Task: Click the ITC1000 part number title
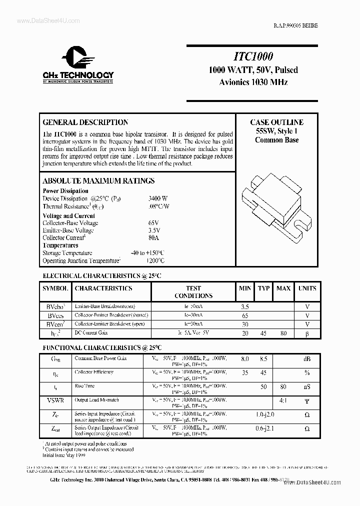coord(253,57)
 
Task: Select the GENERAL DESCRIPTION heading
coord(85,122)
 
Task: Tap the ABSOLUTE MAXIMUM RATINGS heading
coord(98,181)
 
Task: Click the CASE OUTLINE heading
coord(276,122)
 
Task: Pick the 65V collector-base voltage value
coord(153,223)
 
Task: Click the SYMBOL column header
coord(55,288)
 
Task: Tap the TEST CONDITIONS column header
coord(193,292)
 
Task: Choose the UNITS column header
coord(307,288)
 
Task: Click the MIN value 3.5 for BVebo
coord(244,306)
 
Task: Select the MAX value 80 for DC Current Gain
coord(283,333)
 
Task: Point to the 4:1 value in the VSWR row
coord(283,400)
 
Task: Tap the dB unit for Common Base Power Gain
coord(307,358)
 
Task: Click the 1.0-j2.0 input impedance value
coord(264,414)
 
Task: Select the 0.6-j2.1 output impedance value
coord(264,428)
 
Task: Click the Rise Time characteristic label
coord(84,386)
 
